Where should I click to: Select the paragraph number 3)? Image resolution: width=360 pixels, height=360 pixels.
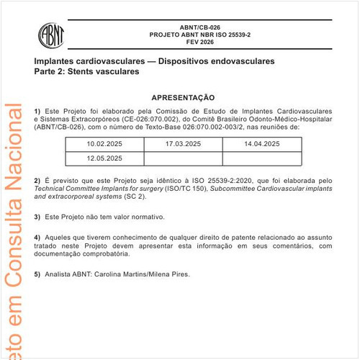[x=37, y=217]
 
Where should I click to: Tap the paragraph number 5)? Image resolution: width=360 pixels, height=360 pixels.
[x=37, y=274]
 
